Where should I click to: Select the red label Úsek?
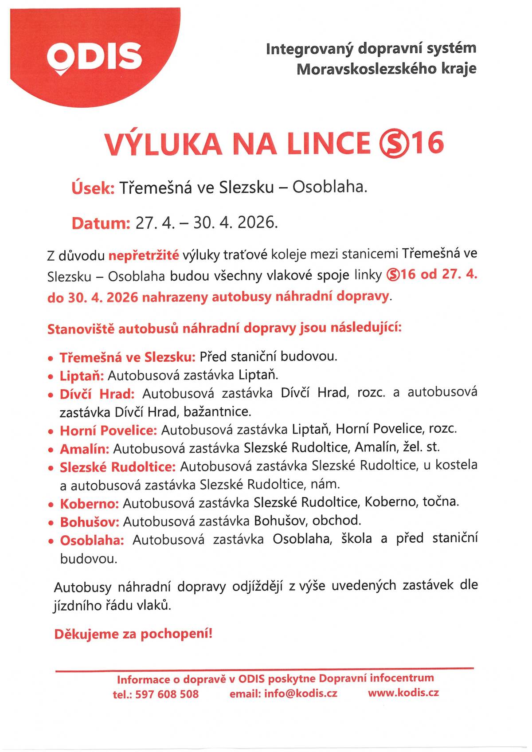click(x=93, y=188)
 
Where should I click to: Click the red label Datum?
click(x=100, y=223)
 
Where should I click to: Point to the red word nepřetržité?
click(x=144, y=255)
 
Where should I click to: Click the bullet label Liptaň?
click(x=82, y=376)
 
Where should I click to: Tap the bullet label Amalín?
click(x=84, y=449)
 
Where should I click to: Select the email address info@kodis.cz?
click(x=301, y=693)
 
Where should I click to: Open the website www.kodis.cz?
click(x=403, y=692)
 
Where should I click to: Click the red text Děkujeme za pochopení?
click(x=133, y=634)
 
